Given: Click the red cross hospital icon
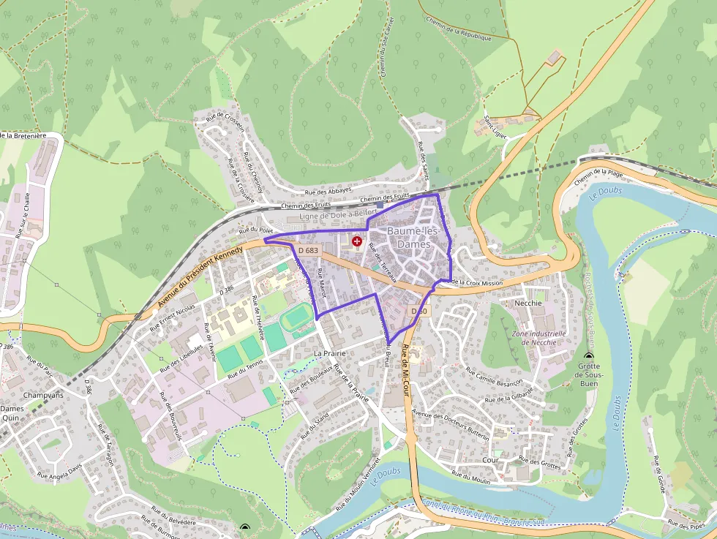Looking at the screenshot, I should click(357, 241).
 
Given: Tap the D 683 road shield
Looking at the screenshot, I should click(308, 250).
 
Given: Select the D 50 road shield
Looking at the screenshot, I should click(418, 312).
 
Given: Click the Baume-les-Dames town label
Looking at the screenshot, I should click(413, 238).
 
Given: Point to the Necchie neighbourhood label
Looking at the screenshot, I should click(528, 303).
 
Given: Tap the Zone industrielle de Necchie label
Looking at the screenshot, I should click(540, 337).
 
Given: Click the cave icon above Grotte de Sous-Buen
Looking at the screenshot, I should click(589, 356).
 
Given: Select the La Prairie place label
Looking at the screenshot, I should click(329, 353).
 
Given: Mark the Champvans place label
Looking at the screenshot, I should click(43, 394).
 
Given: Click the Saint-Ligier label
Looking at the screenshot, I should click(495, 120).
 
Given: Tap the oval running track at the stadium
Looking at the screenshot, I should click(296, 319).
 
